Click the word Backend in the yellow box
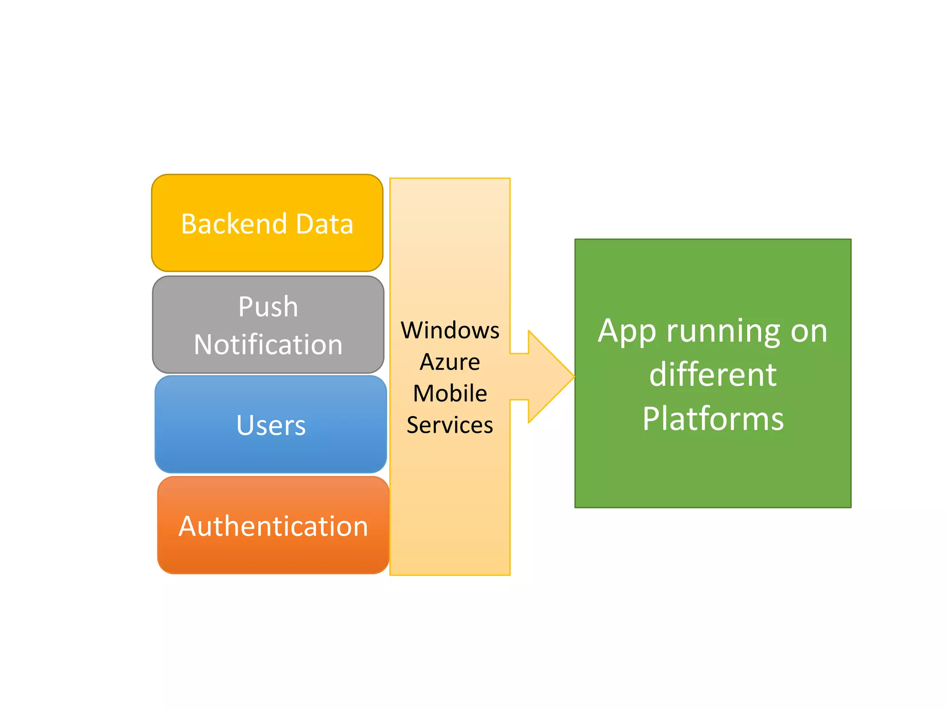click(234, 224)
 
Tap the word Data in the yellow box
click(325, 224)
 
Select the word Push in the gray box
click(268, 307)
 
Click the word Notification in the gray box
click(268, 345)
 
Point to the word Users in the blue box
click(271, 425)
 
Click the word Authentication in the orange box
click(273, 526)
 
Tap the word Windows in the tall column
click(450, 331)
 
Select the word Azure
click(450, 362)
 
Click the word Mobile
click(450, 393)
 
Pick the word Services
click(450, 425)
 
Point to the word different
click(713, 374)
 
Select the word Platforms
click(713, 419)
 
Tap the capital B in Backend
click(189, 224)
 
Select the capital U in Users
click(245, 425)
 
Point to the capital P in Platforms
click(651, 419)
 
